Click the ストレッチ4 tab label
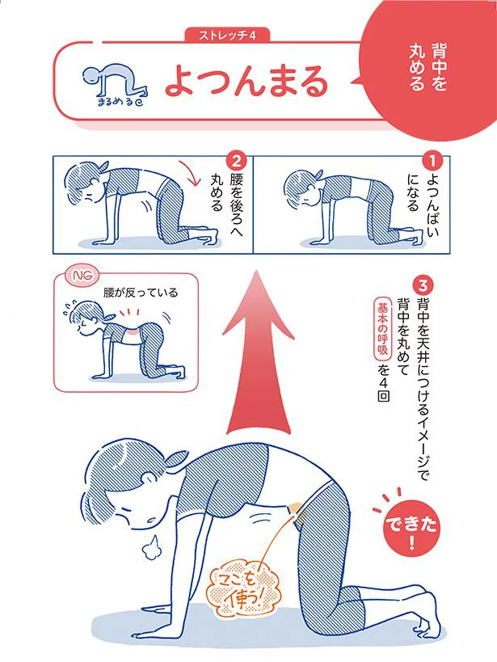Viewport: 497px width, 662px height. (x=227, y=36)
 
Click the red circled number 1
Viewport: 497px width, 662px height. (x=432, y=161)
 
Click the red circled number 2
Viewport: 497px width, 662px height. (x=236, y=161)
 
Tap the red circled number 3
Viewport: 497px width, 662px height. (x=423, y=285)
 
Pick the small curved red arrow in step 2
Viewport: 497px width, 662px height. (x=191, y=172)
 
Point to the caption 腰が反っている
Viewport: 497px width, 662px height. (x=141, y=292)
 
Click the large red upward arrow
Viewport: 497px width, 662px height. (x=259, y=352)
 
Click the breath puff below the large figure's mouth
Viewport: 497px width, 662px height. (x=150, y=546)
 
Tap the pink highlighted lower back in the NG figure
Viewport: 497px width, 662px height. (x=133, y=336)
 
